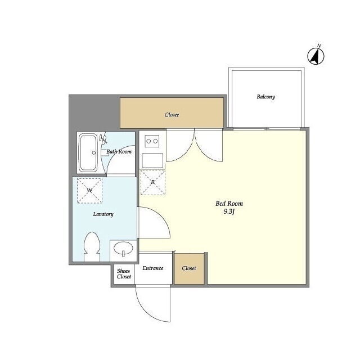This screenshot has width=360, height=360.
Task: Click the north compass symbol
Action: [x=316, y=55]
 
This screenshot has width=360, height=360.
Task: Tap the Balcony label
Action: [x=265, y=97]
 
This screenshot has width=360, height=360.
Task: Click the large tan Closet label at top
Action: [x=172, y=115]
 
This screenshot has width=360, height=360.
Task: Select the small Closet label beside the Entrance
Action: [x=189, y=268]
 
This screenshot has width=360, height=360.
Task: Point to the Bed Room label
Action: [x=229, y=204]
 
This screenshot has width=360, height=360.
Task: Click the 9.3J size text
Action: [x=229, y=211]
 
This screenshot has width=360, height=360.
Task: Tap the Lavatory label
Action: [x=103, y=214]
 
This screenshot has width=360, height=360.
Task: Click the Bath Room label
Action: [x=119, y=151]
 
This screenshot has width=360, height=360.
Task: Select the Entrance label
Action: [x=152, y=268]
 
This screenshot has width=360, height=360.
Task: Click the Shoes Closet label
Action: [x=124, y=274]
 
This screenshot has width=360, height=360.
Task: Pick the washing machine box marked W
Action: [x=89, y=191]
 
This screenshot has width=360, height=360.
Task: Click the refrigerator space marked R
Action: [x=152, y=182]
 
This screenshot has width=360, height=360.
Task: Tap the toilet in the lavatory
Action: [x=92, y=247]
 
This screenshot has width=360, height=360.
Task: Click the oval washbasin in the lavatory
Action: [x=123, y=249]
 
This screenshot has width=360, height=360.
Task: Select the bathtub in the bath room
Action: [x=88, y=152]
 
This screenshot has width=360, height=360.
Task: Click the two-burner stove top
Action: [x=152, y=141]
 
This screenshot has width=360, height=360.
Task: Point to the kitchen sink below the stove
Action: [x=152, y=160]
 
